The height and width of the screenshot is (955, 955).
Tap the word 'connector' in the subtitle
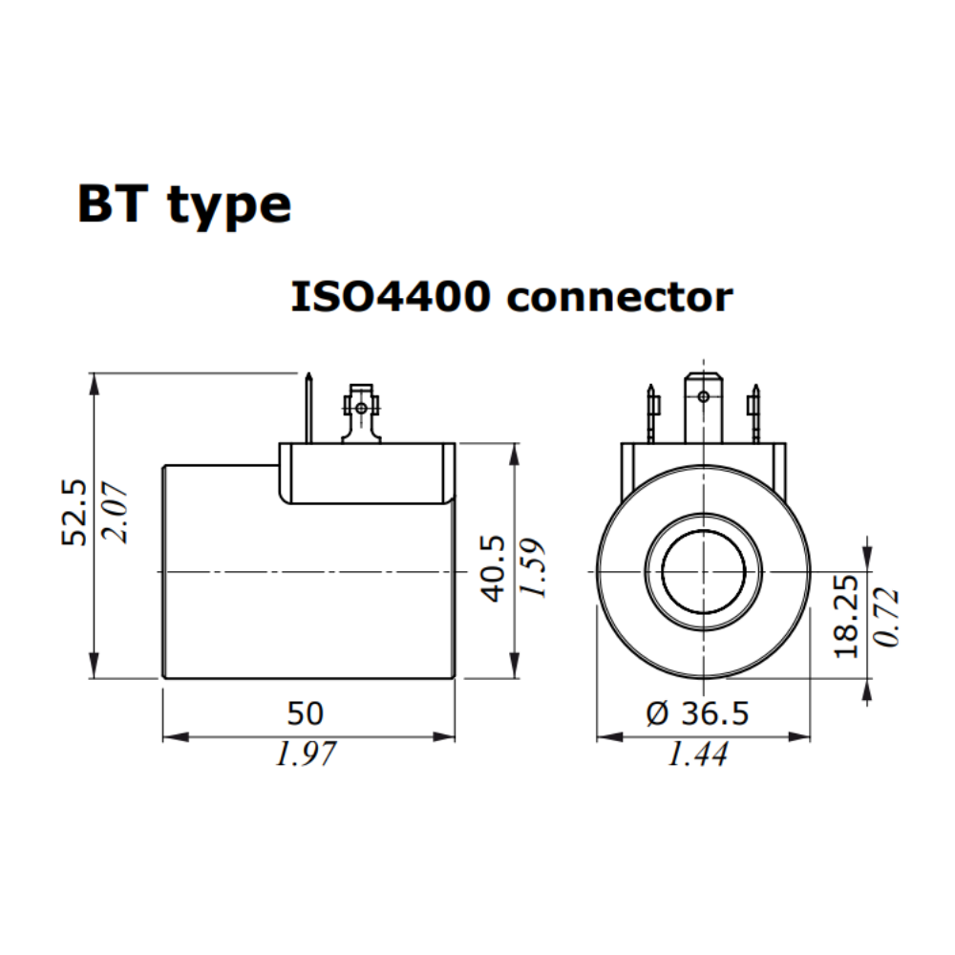coord(619,298)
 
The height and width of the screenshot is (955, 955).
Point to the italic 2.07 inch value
coord(119,513)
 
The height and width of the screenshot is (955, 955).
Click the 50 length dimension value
coord(306,712)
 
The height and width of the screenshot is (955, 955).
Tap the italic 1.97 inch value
coord(306,754)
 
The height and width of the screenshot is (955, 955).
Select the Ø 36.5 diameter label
coord(697,712)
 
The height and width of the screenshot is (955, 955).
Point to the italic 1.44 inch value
coord(697,754)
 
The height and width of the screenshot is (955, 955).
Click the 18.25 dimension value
coord(846,615)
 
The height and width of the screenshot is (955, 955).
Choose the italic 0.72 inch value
coord(888,617)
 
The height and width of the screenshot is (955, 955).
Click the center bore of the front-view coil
coord(703,572)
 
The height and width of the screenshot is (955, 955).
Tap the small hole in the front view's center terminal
coord(704,395)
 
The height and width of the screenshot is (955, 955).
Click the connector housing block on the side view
coord(366,473)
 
